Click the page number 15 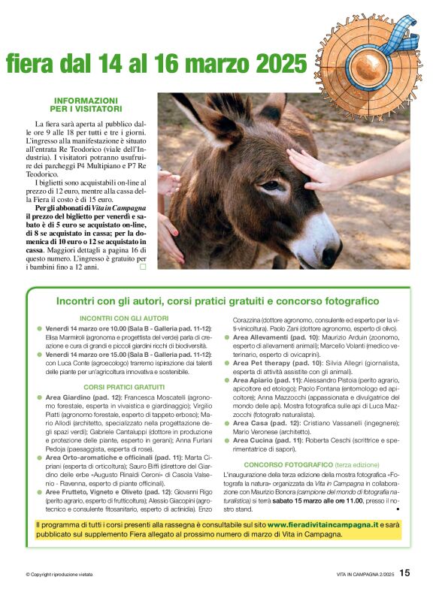(x=405, y=572)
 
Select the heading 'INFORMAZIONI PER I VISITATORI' (x=86, y=104)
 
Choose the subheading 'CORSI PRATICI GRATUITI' (x=124, y=387)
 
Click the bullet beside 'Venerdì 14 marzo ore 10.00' (x=40, y=329)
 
